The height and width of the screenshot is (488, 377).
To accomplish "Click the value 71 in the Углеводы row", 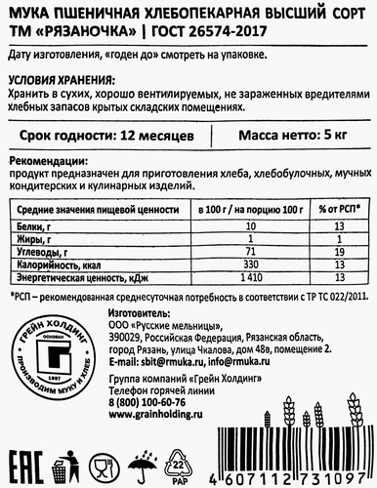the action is [x=225, y=251].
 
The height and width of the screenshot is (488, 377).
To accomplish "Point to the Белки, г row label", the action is [x=36, y=224].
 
